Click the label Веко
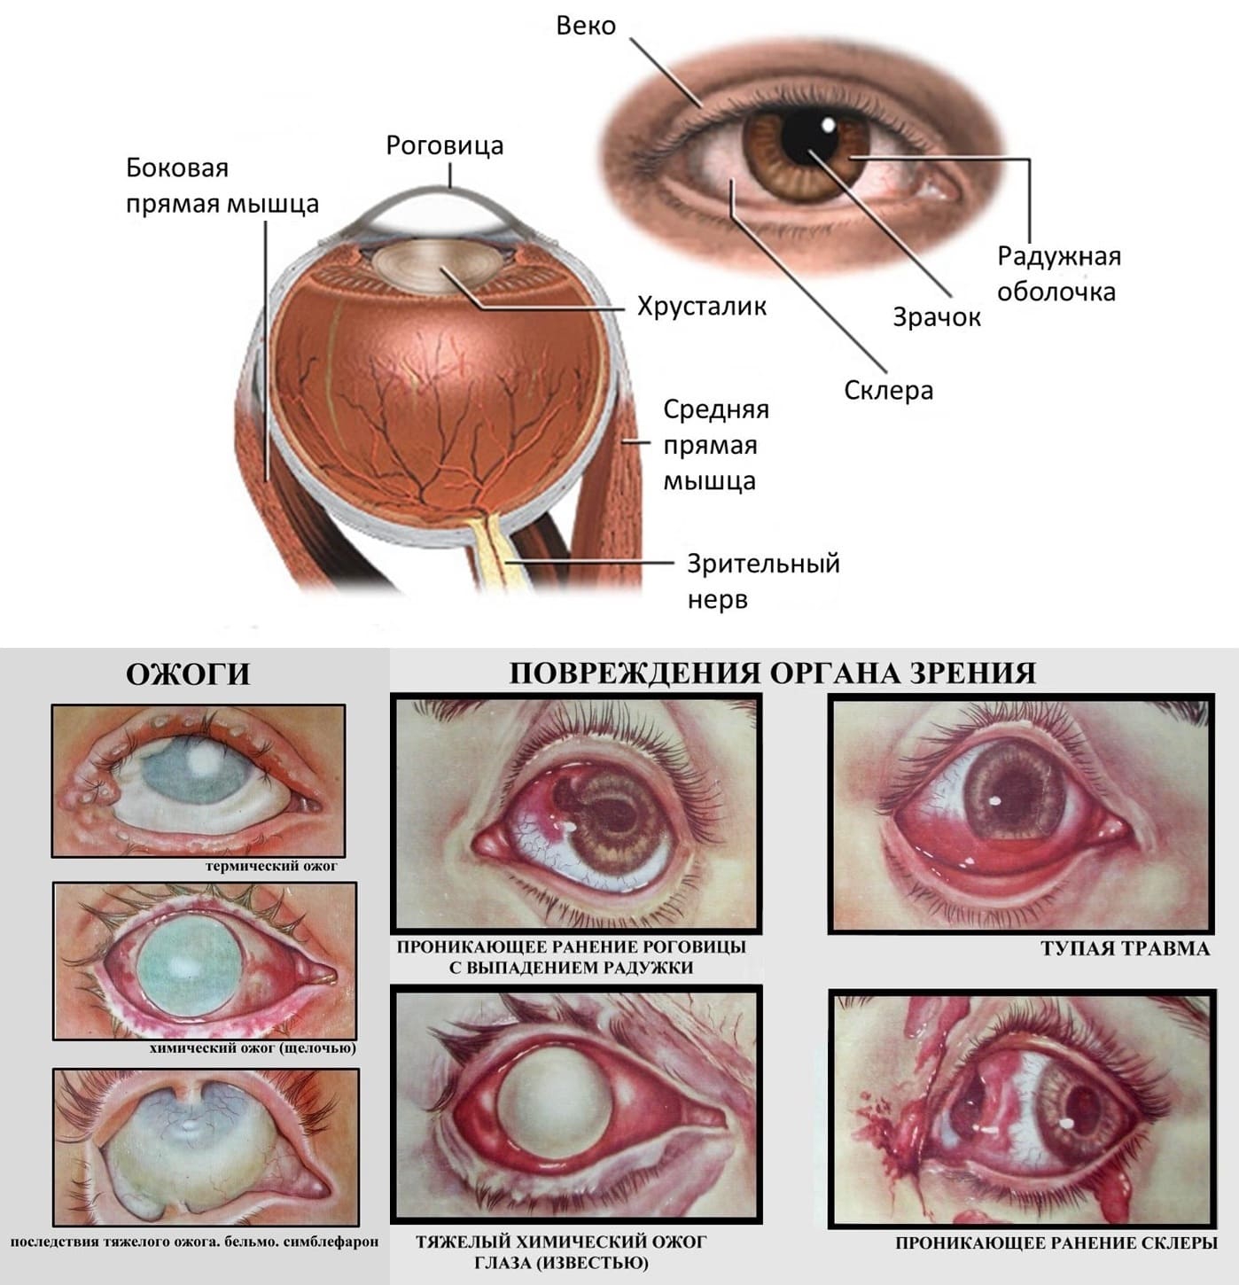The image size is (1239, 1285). pyautogui.click(x=586, y=26)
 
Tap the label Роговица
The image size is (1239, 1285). pyautogui.click(x=445, y=145)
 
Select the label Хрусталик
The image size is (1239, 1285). pyautogui.click(x=702, y=307)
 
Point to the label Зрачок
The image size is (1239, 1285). pyautogui.click(x=937, y=317)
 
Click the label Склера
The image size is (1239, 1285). pyautogui.click(x=888, y=390)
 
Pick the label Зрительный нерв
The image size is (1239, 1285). pyautogui.click(x=763, y=581)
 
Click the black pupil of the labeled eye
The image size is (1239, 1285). pyautogui.click(x=810, y=136)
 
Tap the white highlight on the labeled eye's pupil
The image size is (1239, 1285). pyautogui.click(x=828, y=124)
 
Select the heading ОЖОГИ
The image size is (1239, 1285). pyautogui.click(x=188, y=675)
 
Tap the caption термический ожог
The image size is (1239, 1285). pyautogui.click(x=271, y=866)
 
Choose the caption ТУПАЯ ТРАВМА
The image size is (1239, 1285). pyautogui.click(x=1126, y=949)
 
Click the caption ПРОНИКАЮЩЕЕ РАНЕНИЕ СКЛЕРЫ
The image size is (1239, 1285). pyautogui.click(x=1056, y=1242)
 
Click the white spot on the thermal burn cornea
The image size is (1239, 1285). pyautogui.click(x=204, y=759)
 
